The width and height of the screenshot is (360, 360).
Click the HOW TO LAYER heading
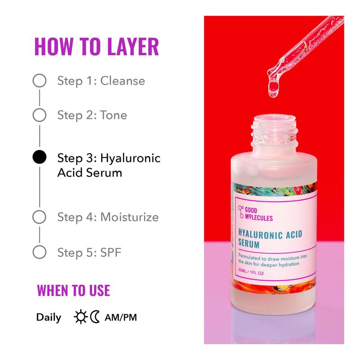(96, 47)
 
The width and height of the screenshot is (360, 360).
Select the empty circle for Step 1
(40, 81)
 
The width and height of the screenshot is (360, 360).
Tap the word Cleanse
(122, 81)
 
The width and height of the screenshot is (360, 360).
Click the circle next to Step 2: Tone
(40, 115)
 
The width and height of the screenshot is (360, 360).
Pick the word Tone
(113, 115)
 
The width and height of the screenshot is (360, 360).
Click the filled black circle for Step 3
(40, 157)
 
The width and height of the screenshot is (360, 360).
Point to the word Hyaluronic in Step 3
(130, 158)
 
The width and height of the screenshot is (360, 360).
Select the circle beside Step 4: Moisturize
(40, 217)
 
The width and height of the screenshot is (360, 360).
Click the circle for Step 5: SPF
(40, 252)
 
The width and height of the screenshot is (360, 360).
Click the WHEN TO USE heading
(73, 290)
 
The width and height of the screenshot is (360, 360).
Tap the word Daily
(49, 317)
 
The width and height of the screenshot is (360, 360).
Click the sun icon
(81, 317)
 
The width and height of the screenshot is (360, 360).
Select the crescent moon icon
(94, 317)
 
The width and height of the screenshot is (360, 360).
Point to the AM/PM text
(121, 317)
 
